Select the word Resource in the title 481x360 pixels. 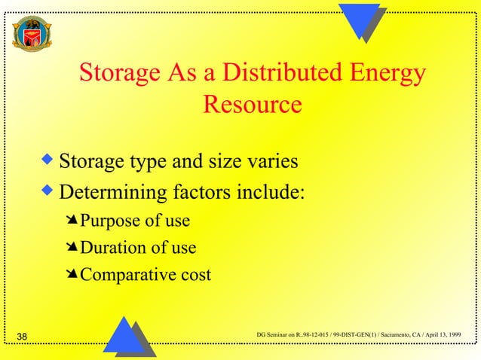tap(253, 104)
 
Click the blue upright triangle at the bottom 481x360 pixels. tap(124, 336)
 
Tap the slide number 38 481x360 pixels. tap(22, 336)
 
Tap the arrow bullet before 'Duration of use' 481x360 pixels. tap(72, 247)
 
